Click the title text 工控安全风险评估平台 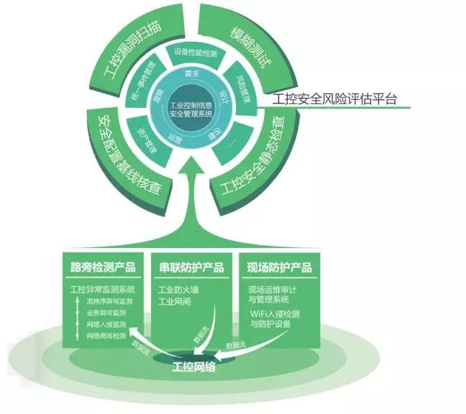(335, 98)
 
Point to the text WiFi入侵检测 (276, 313)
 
